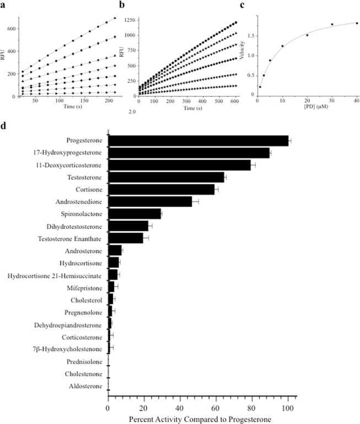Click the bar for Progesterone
tap(198, 141)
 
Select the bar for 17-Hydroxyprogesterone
tap(189, 153)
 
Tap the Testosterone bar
tap(166, 177)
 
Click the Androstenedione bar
tap(150, 201)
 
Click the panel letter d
tap(4, 126)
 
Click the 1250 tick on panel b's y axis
tap(130, 20)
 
